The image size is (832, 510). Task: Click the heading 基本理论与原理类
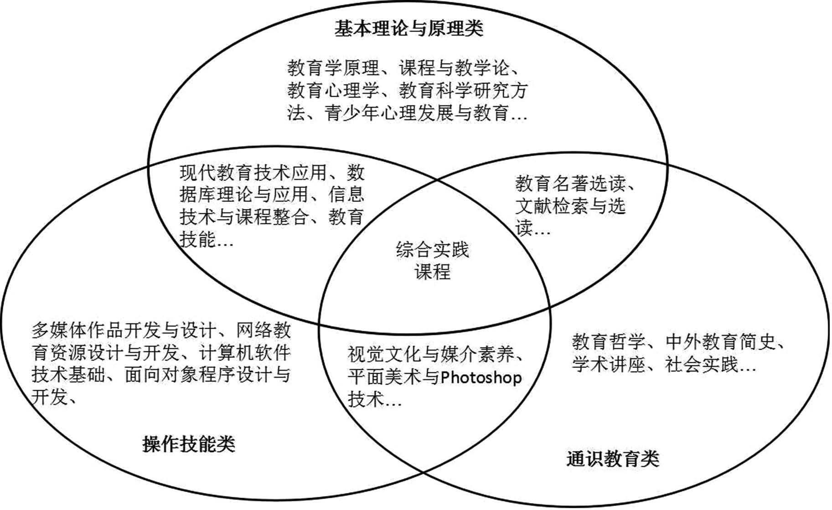[x=408, y=28]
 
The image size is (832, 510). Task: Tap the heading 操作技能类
[x=189, y=443]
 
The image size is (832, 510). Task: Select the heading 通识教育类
[x=613, y=458]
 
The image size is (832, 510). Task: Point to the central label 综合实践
[x=432, y=250]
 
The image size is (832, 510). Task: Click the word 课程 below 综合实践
[x=432, y=272]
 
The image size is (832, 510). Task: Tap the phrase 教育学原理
[x=333, y=68]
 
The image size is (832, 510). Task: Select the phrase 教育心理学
[x=333, y=91]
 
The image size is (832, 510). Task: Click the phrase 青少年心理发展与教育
[x=417, y=113]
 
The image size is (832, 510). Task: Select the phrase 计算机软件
[x=245, y=353]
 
